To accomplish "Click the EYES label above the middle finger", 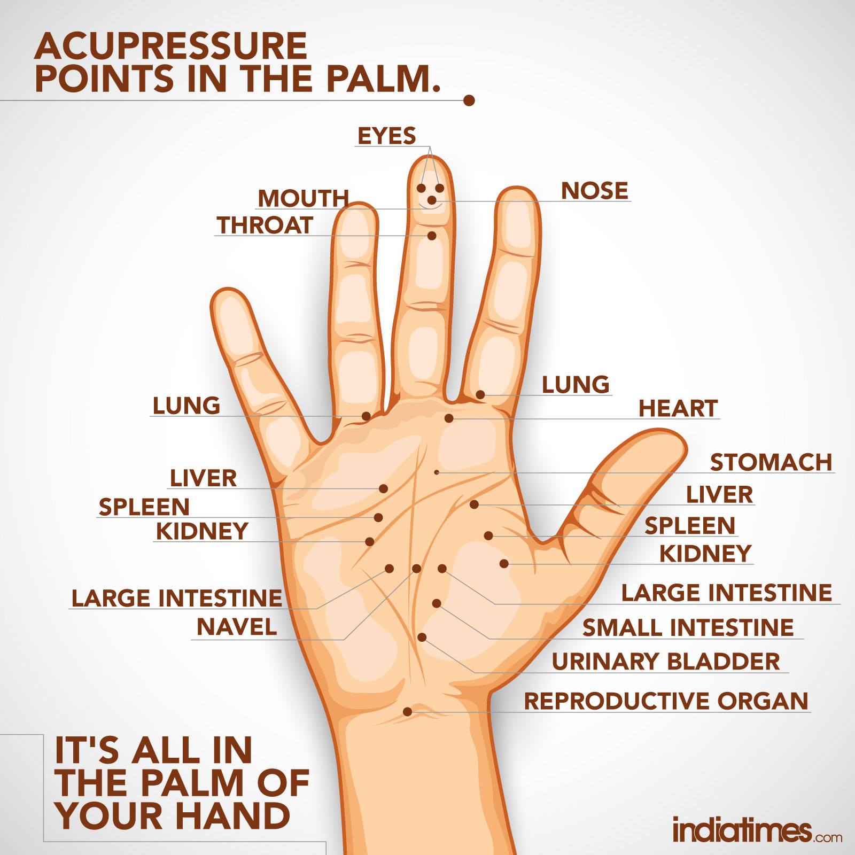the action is (386, 136).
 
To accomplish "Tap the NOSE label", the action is (595, 191).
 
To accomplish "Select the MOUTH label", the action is (303, 198).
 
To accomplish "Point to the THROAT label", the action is (265, 225).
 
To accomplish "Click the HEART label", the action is (678, 408).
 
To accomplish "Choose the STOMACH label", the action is (771, 462).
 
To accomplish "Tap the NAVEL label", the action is (237, 627).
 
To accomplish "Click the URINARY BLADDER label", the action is (666, 662).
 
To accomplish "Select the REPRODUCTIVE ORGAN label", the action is (666, 701).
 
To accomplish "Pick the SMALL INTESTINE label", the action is (688, 627).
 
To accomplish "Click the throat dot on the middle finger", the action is (432, 235).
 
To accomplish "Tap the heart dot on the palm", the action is (449, 418).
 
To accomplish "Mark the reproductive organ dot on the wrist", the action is (407, 711).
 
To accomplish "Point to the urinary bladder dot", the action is (422, 637).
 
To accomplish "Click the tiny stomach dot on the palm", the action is (437, 472).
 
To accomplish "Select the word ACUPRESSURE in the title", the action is (171, 46).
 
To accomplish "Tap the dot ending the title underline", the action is (469, 100).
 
